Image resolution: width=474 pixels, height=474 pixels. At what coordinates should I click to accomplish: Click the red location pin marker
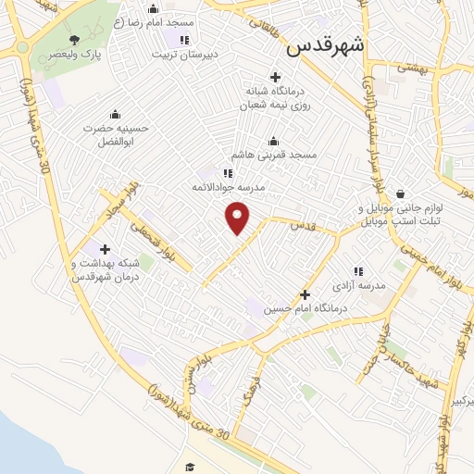[239, 218]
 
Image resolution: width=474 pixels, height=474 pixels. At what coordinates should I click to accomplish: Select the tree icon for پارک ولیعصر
[75, 40]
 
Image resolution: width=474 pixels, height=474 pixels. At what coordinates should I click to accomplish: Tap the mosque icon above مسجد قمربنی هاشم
[274, 142]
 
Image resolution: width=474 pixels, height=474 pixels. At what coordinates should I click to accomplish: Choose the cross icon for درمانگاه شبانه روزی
[274, 77]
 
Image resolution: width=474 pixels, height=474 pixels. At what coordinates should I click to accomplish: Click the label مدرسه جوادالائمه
[228, 187]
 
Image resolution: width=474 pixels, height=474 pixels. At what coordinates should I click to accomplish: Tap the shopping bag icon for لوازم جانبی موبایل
[400, 194]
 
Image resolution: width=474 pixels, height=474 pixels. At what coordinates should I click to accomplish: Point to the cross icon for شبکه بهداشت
[105, 249]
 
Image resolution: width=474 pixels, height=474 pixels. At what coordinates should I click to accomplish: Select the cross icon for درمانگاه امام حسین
[305, 294]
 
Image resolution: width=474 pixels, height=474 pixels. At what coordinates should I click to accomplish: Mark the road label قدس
[301, 225]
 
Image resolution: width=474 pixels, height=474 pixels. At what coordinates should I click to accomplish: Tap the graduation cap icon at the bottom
[190, 467]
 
